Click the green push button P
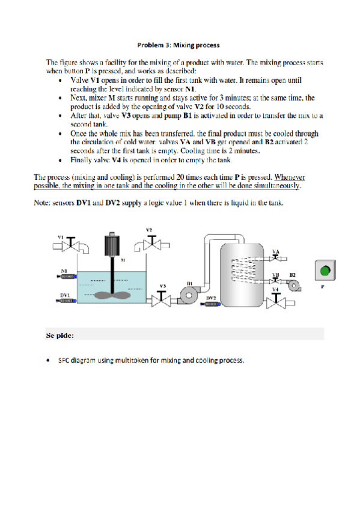pyautogui.click(x=325, y=270)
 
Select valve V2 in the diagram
pyautogui.click(x=151, y=243)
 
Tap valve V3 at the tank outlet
pyautogui.click(x=161, y=299)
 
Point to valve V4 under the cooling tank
pyautogui.click(x=276, y=301)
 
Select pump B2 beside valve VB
pyautogui.click(x=294, y=286)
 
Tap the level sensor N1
pyautogui.click(x=67, y=277)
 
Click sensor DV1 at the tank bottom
pyautogui.click(x=66, y=301)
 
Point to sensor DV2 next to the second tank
pyautogui.click(x=210, y=304)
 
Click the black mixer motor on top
pyautogui.click(x=112, y=245)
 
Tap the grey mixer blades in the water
pyautogui.click(x=112, y=295)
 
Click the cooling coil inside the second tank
pyautogui.click(x=243, y=269)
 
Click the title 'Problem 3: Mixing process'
pyautogui.click(x=178, y=45)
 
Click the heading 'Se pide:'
pyautogui.click(x=59, y=336)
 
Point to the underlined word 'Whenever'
pyautogui.click(x=290, y=177)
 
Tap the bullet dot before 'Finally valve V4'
pyautogui.click(x=60, y=160)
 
